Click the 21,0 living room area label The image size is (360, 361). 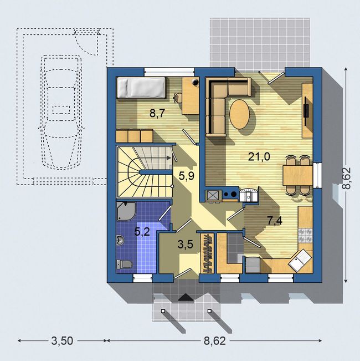click(x=259, y=157)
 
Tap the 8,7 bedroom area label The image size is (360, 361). click(x=157, y=113)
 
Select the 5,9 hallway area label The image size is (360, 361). click(x=187, y=176)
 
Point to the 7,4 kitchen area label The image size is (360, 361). click(x=275, y=221)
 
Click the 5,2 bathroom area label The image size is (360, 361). click(x=142, y=231)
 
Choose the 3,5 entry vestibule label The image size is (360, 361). click(x=186, y=245)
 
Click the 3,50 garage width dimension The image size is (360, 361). click(x=62, y=340)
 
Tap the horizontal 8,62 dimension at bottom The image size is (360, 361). click(x=215, y=340)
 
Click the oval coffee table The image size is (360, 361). click(x=239, y=114)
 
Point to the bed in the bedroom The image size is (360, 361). click(x=141, y=88)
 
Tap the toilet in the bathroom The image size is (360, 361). click(x=124, y=264)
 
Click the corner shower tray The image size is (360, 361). click(x=126, y=211)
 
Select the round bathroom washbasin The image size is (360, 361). click(x=120, y=240)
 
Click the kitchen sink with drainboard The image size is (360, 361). click(x=300, y=260)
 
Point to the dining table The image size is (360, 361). click(x=298, y=175)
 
